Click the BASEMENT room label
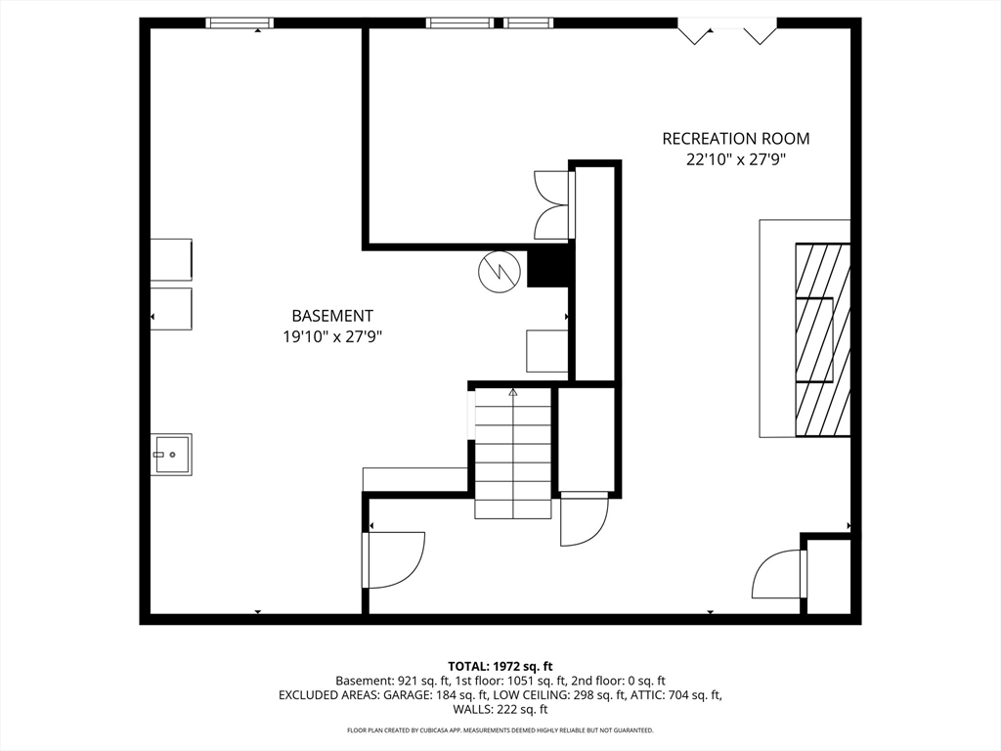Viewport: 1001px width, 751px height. pos(332,316)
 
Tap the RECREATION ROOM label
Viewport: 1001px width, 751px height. pos(736,139)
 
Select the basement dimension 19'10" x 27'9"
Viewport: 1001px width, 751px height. pos(332,336)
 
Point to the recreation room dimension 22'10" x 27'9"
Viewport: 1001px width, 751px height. pos(735,159)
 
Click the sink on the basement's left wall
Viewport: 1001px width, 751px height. pos(172,454)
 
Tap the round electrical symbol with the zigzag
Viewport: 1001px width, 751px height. pos(500,272)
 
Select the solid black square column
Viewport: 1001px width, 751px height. pos(547,268)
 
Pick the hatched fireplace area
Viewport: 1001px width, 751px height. pos(823,339)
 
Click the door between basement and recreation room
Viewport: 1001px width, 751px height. pos(393,560)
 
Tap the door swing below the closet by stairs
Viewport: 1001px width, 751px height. pos(585,519)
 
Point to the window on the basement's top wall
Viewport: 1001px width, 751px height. pos(239,23)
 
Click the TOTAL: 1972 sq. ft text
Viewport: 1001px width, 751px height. pos(500,667)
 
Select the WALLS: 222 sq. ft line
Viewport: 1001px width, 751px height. pos(500,709)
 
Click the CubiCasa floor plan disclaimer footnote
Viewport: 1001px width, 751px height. pos(500,729)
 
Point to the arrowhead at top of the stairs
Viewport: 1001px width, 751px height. pos(512,392)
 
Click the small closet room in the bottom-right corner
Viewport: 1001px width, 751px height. pos(829,577)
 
